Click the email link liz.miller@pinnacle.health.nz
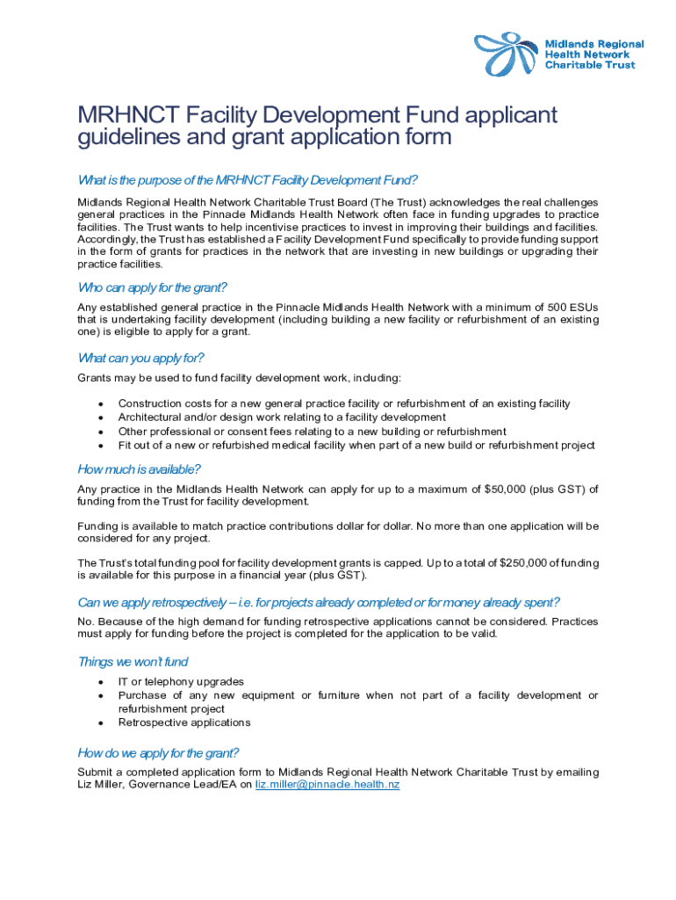327,784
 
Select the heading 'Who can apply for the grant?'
153,287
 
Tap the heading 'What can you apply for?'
140,358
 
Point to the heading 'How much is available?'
139,468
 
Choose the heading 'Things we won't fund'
133,662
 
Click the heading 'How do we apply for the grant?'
158,752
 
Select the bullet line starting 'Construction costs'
344,403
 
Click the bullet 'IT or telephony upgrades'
181,681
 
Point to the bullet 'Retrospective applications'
184,722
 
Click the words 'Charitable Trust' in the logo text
590,65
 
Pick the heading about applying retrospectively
319,602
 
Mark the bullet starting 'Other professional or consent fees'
312,432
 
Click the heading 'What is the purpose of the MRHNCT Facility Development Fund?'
247,181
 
